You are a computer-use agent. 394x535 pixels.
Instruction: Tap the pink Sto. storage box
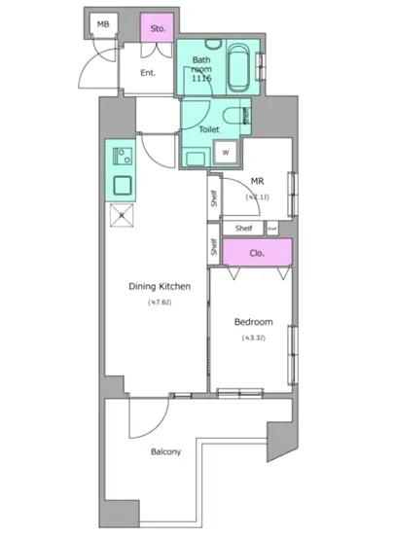click(x=158, y=28)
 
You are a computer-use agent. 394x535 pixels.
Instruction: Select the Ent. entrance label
click(x=148, y=73)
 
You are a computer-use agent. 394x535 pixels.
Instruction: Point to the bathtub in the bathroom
click(x=238, y=65)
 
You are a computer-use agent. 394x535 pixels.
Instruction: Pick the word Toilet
click(x=208, y=128)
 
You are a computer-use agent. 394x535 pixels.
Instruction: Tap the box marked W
click(x=225, y=153)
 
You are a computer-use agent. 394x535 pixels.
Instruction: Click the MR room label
click(x=258, y=181)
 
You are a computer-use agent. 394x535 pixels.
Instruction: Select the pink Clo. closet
click(x=258, y=252)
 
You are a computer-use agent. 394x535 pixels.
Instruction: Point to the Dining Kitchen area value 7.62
click(x=160, y=303)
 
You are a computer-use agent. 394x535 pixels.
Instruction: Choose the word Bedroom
click(x=253, y=322)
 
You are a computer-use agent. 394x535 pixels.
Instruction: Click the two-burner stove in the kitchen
click(x=122, y=155)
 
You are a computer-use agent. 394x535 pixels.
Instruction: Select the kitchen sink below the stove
click(x=124, y=185)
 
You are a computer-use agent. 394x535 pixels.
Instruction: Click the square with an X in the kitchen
click(x=122, y=216)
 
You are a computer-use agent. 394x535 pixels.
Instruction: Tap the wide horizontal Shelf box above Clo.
click(x=243, y=229)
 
